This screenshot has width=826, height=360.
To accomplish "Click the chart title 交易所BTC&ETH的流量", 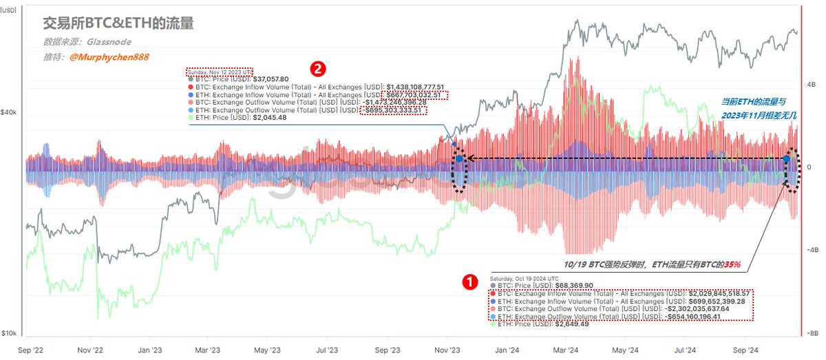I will (x=118, y=23).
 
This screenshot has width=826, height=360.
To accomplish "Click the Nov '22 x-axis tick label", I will (x=91, y=349).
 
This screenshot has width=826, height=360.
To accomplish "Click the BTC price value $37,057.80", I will (x=271, y=79).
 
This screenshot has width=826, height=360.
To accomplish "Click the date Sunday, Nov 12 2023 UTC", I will (x=220, y=72).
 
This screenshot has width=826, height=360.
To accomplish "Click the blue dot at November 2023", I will (x=459, y=159).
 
